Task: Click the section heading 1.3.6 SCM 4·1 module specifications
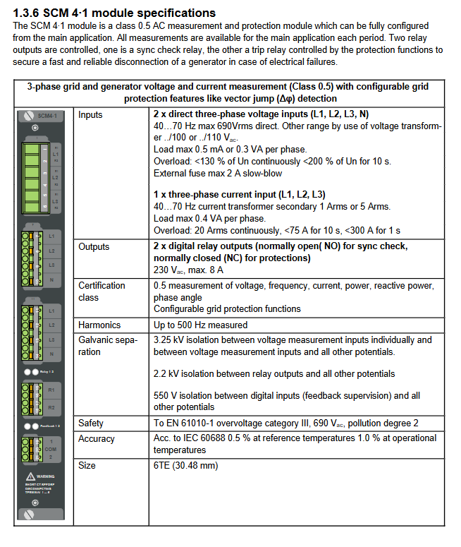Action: coord(114,13)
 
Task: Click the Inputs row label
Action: coord(90,114)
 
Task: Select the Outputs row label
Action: coord(94,246)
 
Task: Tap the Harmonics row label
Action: coord(99,325)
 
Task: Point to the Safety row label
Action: coord(91,423)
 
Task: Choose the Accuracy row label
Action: coord(97,438)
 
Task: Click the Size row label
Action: coord(87,465)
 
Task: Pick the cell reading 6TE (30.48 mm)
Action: coord(185,465)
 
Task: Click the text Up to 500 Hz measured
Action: coord(200,325)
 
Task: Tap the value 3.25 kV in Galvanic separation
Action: coord(168,340)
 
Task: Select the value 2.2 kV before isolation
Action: coord(166,373)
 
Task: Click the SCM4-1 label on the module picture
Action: coord(48,115)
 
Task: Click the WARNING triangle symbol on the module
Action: coord(30,476)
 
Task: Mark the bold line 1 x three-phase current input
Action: coord(229,194)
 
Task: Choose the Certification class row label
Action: coord(102,291)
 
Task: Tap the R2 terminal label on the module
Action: coord(51,407)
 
